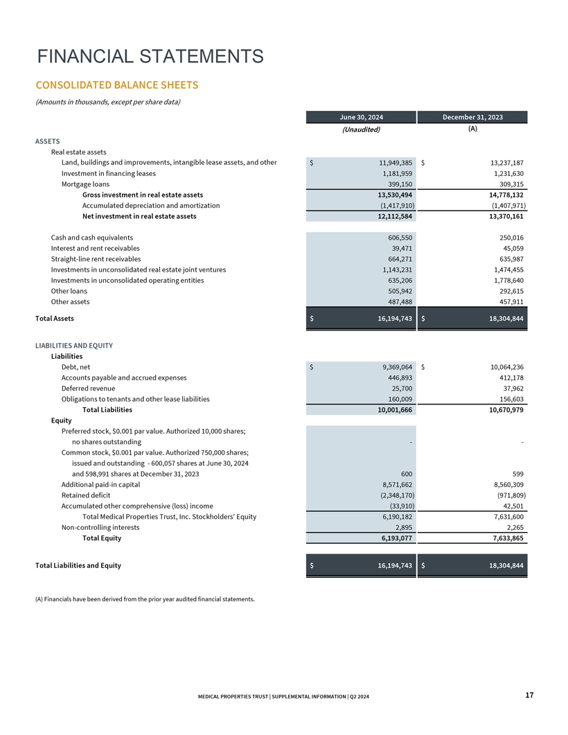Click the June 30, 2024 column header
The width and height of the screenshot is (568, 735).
click(x=362, y=117)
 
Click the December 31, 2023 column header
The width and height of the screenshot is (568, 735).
click(x=472, y=117)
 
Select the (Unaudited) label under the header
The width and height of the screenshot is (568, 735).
click(x=362, y=130)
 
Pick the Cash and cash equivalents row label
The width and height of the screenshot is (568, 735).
click(x=92, y=238)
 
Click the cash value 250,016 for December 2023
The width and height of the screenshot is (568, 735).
click(x=508, y=238)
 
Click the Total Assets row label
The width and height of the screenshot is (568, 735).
click(x=55, y=319)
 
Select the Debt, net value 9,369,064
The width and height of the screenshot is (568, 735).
click(x=392, y=367)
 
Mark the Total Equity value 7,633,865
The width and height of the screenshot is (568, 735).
click(x=505, y=538)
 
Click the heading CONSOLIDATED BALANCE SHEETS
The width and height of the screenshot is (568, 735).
click(x=116, y=85)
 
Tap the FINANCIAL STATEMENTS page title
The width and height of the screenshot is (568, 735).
click(x=150, y=56)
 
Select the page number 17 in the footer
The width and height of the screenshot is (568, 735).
click(x=529, y=695)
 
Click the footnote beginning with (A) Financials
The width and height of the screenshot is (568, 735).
click(x=145, y=599)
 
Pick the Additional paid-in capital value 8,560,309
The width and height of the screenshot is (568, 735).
click(x=505, y=485)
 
